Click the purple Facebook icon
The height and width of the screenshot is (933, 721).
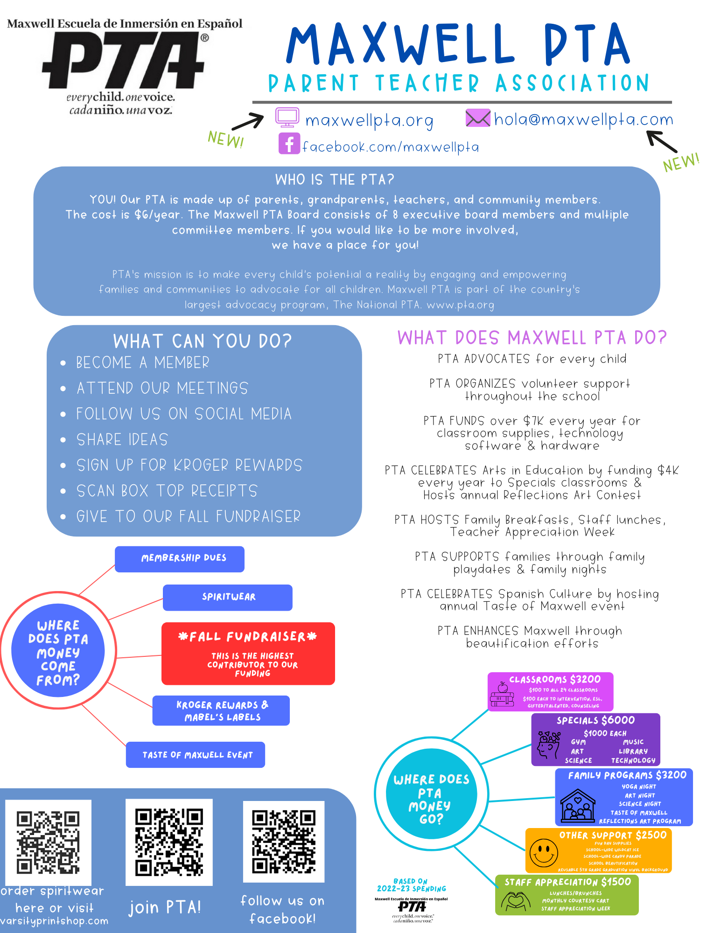(289, 144)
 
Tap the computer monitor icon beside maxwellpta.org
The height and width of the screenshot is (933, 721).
(287, 118)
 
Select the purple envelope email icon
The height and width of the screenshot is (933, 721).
(478, 118)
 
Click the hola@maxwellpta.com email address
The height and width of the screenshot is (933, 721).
(583, 120)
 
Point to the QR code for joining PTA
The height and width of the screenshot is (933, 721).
(169, 842)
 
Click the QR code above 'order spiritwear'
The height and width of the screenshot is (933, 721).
(48, 842)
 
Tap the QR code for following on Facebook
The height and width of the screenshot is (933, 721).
(284, 842)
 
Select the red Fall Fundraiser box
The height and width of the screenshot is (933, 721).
(248, 653)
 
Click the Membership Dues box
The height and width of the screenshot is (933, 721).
(180, 558)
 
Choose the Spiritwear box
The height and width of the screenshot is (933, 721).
(228, 597)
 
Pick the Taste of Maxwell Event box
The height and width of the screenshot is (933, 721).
(196, 754)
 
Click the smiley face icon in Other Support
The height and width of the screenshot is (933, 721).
(544, 853)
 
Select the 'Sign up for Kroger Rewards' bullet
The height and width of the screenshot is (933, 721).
(189, 465)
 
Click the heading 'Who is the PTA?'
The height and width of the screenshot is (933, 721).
(335, 180)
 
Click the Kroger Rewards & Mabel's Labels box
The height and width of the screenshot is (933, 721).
(221, 710)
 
